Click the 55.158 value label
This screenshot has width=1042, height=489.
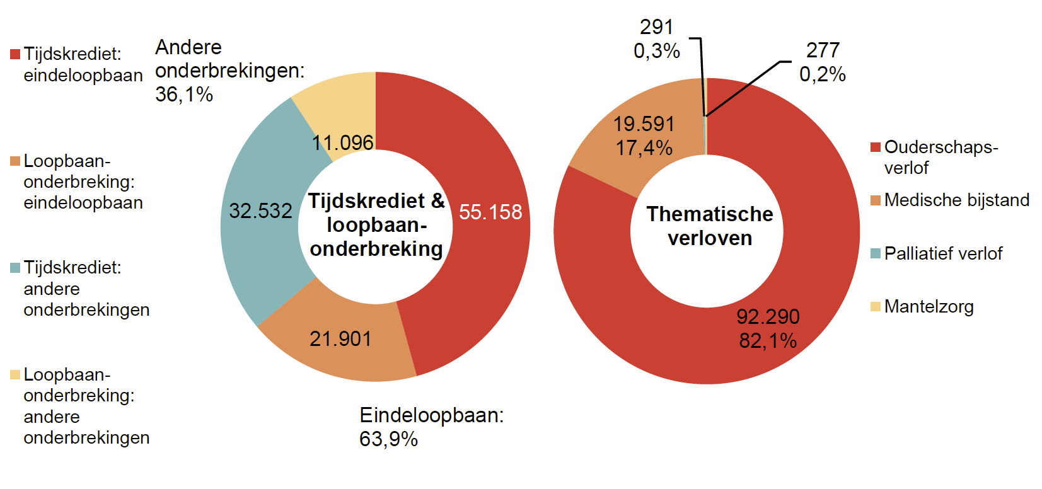490,212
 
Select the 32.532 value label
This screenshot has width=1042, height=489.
260,211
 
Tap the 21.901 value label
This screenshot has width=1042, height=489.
340,339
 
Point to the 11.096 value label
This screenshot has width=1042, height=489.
343,143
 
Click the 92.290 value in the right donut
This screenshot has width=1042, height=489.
768,316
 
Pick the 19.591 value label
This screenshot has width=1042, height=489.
644,124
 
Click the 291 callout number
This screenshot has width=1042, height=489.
656,27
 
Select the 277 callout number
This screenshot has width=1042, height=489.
823,50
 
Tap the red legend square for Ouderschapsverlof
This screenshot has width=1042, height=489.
875,147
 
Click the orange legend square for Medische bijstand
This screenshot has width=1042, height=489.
875,200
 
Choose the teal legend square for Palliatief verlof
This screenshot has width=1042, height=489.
875,254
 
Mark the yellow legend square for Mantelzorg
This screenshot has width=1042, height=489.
875,307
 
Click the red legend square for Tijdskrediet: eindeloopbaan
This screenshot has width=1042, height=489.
15,54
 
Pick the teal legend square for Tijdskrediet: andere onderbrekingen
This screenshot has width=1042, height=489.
15,268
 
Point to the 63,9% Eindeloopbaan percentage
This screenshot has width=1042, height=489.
388,439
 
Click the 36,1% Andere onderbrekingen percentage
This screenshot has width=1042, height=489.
184,95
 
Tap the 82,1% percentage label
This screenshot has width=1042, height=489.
768,341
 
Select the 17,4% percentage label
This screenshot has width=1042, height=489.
644,148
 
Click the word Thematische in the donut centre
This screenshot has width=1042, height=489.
710,214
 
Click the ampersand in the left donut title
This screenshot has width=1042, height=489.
437,201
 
